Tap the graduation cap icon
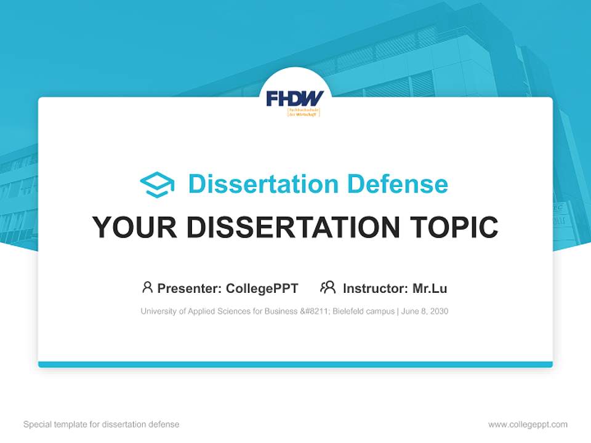pyautogui.click(x=157, y=185)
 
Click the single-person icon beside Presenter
pyautogui.click(x=147, y=287)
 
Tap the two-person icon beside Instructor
pyautogui.click(x=328, y=287)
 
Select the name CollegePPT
pyautogui.click(x=262, y=288)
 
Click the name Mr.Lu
pyautogui.click(x=430, y=288)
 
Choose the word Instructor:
pyautogui.click(x=375, y=288)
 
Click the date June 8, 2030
pyautogui.click(x=425, y=311)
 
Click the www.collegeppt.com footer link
pyautogui.click(x=528, y=425)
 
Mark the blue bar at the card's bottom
pyautogui.click(x=295, y=364)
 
